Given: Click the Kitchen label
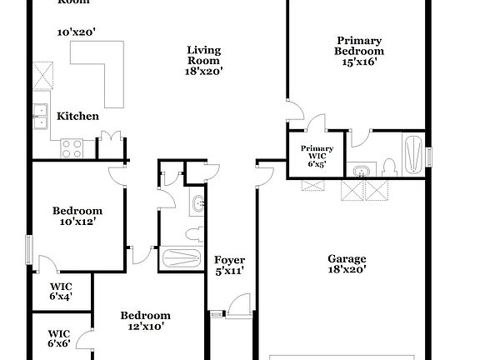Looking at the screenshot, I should [x=77, y=117].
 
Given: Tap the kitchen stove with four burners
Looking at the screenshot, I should [x=72, y=148].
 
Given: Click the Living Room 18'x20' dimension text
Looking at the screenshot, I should [x=203, y=72].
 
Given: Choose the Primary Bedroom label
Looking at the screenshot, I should [x=358, y=45].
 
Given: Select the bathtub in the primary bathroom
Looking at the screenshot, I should [x=412, y=152].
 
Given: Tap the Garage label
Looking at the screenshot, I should [x=346, y=258].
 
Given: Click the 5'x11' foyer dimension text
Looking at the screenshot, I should [x=229, y=271].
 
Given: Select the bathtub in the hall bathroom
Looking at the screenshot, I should [x=180, y=257].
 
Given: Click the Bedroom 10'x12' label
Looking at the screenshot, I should [x=77, y=217].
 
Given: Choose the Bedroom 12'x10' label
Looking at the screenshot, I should [x=145, y=321].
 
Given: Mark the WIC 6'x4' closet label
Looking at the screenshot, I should [x=61, y=291].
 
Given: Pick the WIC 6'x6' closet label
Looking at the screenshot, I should [x=58, y=337].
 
